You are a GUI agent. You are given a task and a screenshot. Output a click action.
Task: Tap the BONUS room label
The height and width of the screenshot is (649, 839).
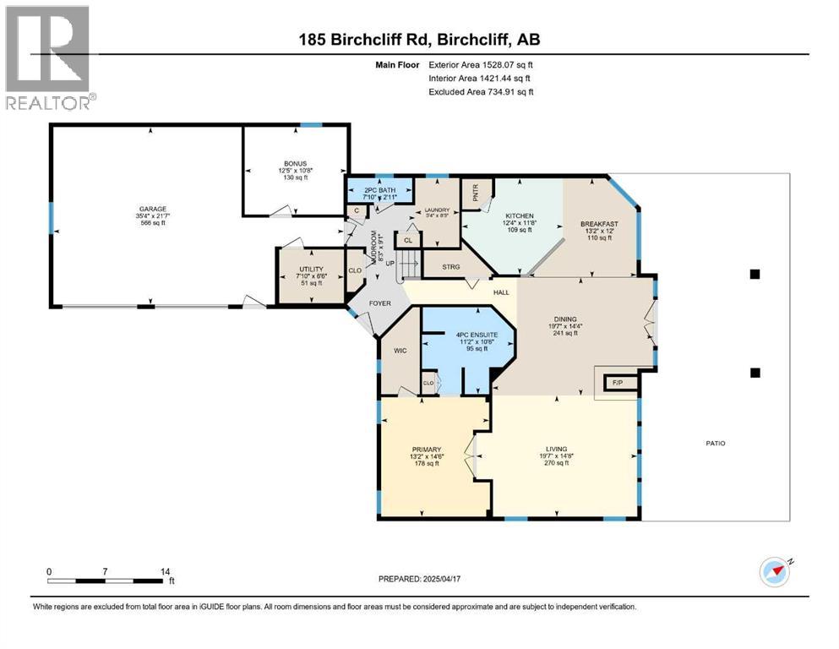click(294, 163)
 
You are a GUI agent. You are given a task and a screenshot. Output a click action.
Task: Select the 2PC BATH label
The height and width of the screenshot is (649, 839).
click(379, 190)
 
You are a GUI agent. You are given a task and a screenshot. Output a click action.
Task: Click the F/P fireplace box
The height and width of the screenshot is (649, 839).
click(615, 383)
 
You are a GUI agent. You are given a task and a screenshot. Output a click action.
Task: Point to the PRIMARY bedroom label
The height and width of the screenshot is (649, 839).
click(427, 450)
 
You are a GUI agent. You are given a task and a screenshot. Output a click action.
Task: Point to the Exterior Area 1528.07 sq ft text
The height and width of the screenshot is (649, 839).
click(481, 64)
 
